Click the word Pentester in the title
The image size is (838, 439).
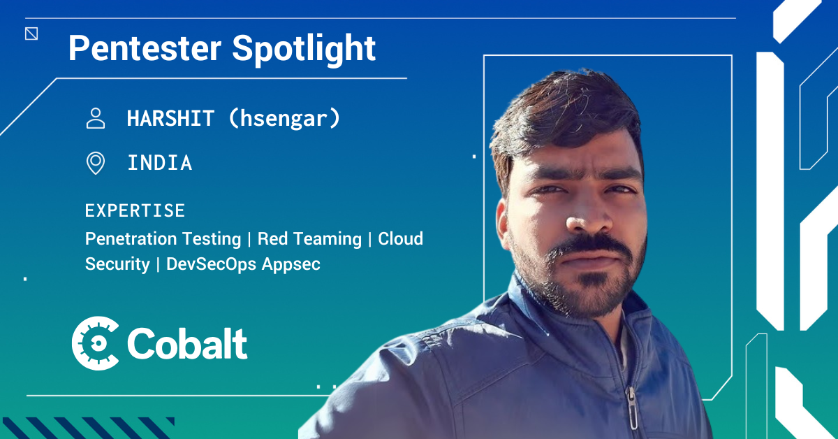pos(145,48)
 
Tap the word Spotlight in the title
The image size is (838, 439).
pos(304,50)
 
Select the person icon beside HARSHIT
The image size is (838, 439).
pos(96,118)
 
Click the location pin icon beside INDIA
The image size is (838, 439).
pos(96,163)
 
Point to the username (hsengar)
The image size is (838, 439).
pos(284,118)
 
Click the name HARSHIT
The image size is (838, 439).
pos(170,118)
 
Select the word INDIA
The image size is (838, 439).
pos(160,163)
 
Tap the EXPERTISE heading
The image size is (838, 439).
pos(135,210)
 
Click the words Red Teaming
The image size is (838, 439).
pos(309,238)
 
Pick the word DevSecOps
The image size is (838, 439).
pos(211,264)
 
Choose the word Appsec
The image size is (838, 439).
pos(291,264)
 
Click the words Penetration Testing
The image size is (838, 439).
pos(163,239)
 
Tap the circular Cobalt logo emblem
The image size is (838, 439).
pos(95,343)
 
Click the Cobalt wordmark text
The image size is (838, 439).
pos(187,343)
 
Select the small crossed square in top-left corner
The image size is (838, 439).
pos(31,34)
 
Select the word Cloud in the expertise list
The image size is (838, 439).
pos(400,238)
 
